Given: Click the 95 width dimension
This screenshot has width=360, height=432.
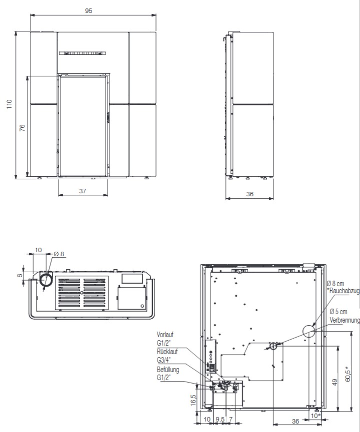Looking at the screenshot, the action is pos(88,11).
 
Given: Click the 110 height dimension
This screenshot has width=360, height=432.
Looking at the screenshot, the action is pos(9,104).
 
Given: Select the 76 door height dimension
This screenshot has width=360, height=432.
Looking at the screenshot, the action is pos(22,127).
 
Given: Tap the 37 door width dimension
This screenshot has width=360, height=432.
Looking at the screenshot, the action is pos(83,191).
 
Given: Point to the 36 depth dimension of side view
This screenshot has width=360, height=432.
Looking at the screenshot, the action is pos(249,194).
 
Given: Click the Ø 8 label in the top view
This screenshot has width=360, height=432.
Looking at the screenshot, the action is pos(59,254).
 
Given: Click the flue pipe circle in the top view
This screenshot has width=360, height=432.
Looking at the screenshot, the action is pos(46,280).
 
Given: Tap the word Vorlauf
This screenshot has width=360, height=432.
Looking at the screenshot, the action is pos(165,335).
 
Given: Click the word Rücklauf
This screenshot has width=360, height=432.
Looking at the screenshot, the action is pos(167,352).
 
